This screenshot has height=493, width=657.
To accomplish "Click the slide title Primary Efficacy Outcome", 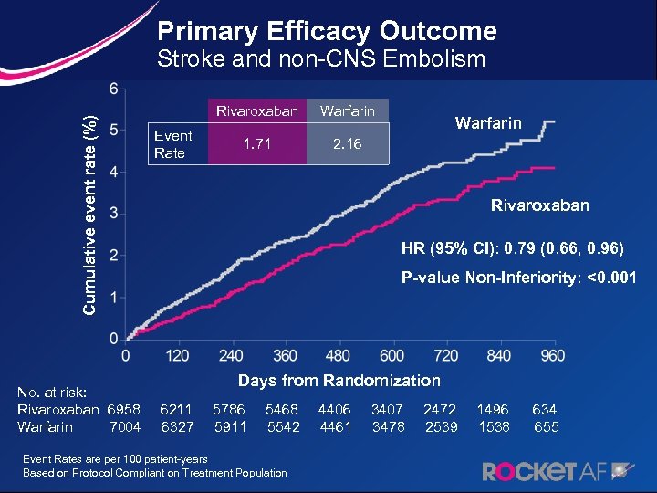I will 327,32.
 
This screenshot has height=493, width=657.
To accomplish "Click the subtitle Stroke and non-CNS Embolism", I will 321,60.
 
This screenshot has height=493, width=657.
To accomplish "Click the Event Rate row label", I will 172,144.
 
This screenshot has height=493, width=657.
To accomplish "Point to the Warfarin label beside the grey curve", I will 488,122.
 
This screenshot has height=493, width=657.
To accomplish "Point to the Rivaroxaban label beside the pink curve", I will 539,205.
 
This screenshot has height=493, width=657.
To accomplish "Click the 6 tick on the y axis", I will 112,89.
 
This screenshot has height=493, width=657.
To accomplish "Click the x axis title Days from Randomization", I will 339,381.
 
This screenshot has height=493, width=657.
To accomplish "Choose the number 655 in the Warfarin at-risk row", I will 546,426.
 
